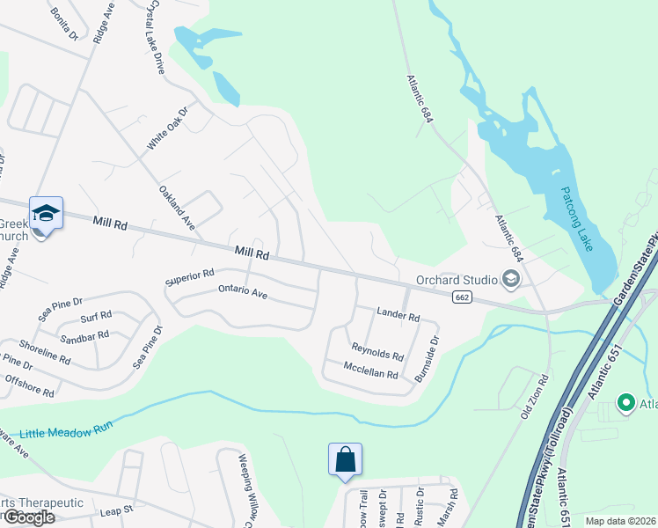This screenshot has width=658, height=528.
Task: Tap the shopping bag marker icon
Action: coord(345,458)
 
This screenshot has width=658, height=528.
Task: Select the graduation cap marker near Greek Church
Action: coord(46,213)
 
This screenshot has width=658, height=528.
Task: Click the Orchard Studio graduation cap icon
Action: coord(509,280)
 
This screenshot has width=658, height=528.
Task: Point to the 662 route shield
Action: coord(461,297)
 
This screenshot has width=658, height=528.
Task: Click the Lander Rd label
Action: coord(398,314)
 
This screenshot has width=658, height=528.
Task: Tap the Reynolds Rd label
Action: coord(377,352)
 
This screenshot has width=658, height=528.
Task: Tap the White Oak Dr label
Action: coord(169,128)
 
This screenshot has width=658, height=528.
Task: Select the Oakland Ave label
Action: coord(176,208)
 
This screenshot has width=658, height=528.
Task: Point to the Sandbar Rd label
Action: coord(84,336)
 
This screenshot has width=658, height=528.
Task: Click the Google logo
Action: coord(29,517)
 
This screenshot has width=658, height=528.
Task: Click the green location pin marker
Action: coord(626,403)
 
